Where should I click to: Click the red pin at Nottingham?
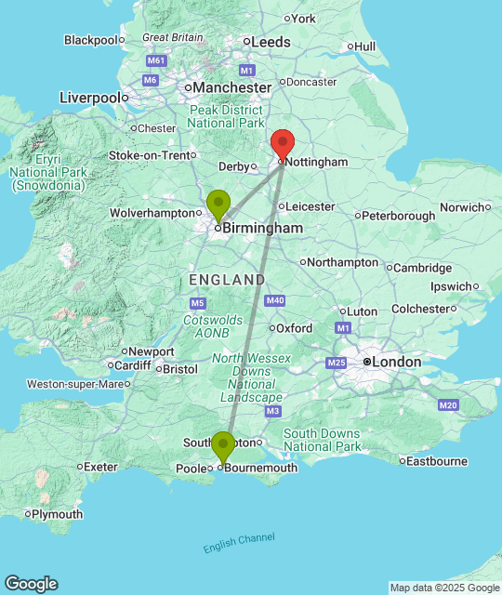(283, 145)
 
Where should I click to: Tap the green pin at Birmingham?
(218, 204)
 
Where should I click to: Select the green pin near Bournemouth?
(223, 446)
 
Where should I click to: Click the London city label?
(396, 362)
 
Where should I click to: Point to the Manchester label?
(232, 87)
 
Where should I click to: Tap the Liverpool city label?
(90, 98)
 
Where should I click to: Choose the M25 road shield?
(337, 362)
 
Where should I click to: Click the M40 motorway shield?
(274, 300)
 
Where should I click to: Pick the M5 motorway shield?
(197, 303)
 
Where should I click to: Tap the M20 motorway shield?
(449, 404)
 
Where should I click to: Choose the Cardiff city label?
(135, 364)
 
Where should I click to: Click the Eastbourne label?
(437, 460)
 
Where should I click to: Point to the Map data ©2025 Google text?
(444, 588)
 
